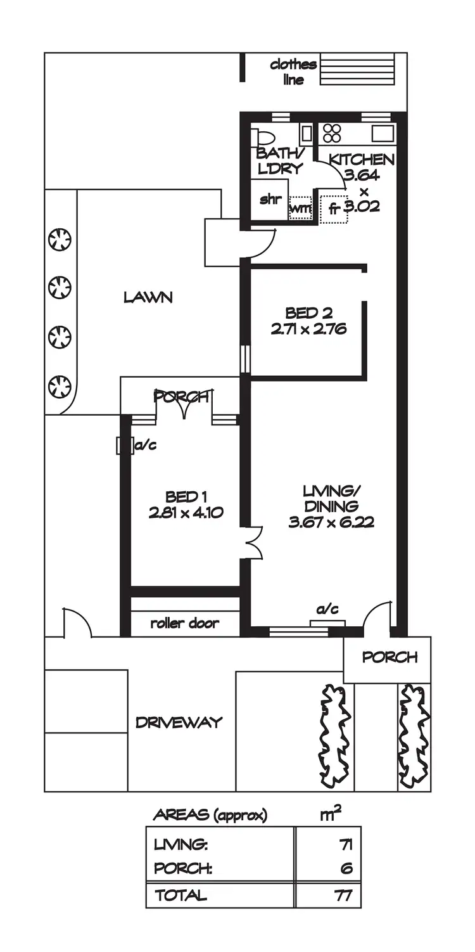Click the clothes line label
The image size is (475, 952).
point(293,72)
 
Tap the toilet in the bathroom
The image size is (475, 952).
point(262,138)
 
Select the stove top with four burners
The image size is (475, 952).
point(332,133)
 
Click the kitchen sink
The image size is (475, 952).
point(383,134)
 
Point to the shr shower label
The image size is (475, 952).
point(270,198)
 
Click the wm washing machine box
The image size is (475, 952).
point(300,207)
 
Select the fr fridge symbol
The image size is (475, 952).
point(334,209)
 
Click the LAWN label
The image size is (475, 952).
point(148,297)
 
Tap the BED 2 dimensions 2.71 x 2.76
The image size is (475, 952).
point(308,330)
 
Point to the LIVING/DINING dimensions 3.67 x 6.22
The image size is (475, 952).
point(331,523)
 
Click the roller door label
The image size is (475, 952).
point(185,623)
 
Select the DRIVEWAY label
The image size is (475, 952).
point(179,722)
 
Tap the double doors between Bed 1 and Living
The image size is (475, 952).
point(253,543)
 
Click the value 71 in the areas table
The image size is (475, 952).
point(345,844)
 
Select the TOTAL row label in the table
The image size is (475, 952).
point(180,896)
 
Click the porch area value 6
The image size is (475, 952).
point(346,868)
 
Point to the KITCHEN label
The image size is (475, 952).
point(362,159)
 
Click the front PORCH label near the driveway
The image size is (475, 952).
point(389,657)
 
